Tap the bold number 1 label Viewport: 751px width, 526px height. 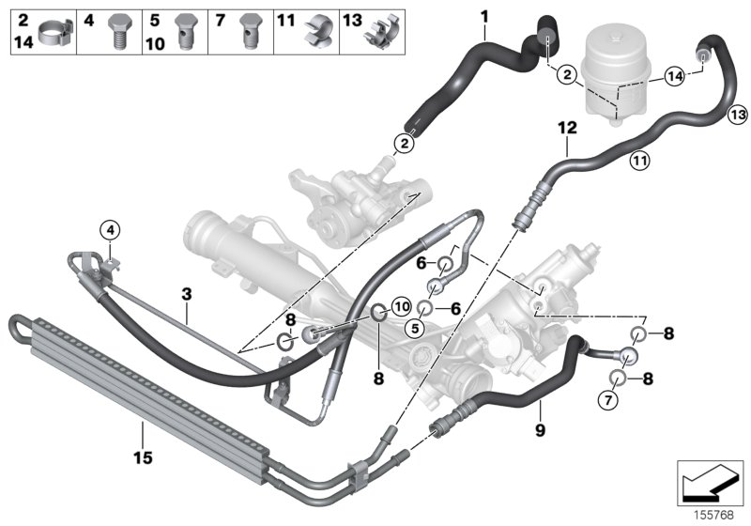point(484,15)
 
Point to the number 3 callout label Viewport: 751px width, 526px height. point(186,295)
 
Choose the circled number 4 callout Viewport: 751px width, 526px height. point(110,229)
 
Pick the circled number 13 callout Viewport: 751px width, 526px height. point(737,114)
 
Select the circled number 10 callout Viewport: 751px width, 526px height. point(400,305)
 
